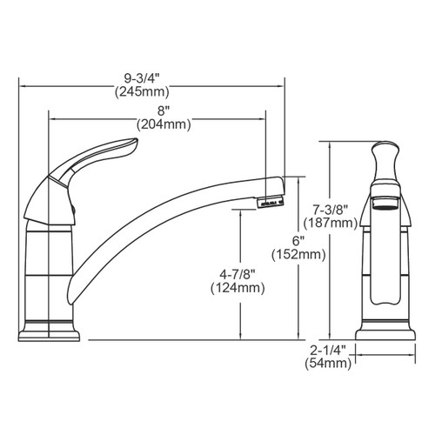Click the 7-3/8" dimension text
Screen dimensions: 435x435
click(x=331, y=210)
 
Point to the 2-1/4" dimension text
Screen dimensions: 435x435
click(x=331, y=350)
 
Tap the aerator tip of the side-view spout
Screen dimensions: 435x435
click(x=269, y=202)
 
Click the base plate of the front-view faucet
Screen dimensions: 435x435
click(x=384, y=334)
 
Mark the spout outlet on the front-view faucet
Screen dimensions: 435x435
click(x=384, y=201)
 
